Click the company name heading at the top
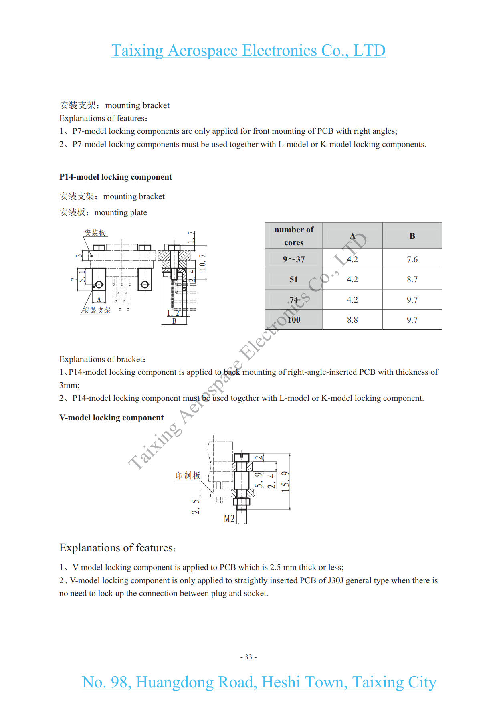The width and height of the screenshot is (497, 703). [x=248, y=51]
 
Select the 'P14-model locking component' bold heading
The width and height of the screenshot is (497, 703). [x=115, y=177]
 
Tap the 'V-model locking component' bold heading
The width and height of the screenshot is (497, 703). [x=111, y=418]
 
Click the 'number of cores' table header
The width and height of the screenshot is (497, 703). [x=294, y=236]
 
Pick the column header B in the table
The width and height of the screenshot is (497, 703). [x=412, y=236]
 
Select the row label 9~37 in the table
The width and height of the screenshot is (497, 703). [x=294, y=259]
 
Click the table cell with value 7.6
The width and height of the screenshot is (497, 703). [x=412, y=259]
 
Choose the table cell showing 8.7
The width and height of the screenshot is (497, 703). [x=412, y=279]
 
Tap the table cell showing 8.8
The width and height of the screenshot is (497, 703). [x=352, y=320]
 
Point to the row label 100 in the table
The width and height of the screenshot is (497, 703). [x=294, y=320]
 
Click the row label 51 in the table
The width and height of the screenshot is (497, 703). [x=294, y=279]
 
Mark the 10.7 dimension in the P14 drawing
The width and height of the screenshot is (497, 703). [x=203, y=262]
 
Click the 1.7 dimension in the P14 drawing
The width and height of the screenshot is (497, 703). [x=192, y=237]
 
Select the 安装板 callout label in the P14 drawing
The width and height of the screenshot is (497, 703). [x=95, y=233]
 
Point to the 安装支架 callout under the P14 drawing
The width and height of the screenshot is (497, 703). [x=97, y=310]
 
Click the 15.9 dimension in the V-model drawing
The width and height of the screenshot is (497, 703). [x=285, y=481]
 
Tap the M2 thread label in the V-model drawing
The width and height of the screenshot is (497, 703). [x=229, y=519]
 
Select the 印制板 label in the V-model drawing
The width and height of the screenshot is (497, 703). [x=188, y=475]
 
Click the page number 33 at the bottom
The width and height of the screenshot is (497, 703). [x=248, y=657]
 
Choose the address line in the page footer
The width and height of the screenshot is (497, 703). [x=259, y=682]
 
